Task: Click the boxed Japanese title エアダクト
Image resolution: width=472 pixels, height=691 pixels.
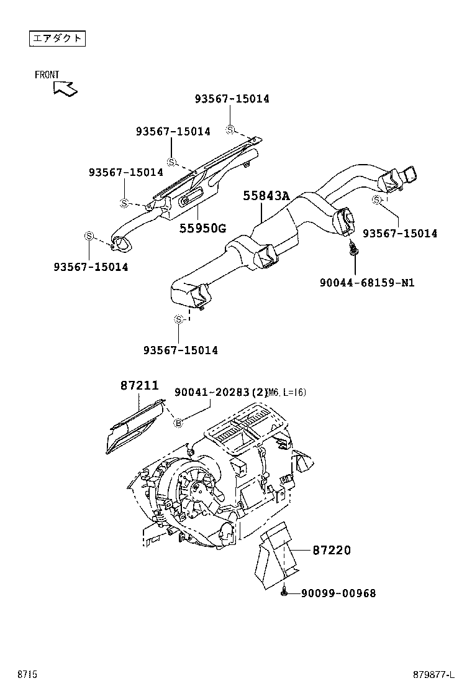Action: click(x=57, y=39)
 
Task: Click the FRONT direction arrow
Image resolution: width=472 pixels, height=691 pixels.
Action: click(x=65, y=88)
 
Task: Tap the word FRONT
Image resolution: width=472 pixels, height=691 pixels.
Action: click(x=47, y=75)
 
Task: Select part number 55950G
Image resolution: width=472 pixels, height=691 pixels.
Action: click(x=202, y=228)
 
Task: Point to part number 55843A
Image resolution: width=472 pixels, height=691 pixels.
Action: click(x=266, y=196)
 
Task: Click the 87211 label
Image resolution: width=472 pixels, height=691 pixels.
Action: click(x=139, y=385)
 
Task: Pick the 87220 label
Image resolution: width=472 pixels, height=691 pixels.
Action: click(x=331, y=550)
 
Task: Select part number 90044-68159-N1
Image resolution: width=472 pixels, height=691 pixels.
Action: click(x=367, y=283)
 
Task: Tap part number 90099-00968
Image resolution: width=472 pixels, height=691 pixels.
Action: click(x=338, y=593)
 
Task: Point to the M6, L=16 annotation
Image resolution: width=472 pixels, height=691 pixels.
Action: click(x=286, y=392)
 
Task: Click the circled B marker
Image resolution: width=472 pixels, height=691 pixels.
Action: click(x=178, y=423)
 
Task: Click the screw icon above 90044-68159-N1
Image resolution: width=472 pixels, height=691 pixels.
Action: click(x=355, y=250)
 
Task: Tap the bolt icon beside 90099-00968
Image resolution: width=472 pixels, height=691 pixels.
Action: click(x=284, y=593)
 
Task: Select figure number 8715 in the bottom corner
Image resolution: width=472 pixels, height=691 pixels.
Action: click(x=27, y=674)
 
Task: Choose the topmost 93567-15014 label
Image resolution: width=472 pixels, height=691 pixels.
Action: click(x=232, y=99)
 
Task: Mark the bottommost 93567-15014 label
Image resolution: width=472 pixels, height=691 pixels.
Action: click(x=181, y=350)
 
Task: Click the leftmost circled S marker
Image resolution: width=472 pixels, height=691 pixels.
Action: click(x=89, y=236)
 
